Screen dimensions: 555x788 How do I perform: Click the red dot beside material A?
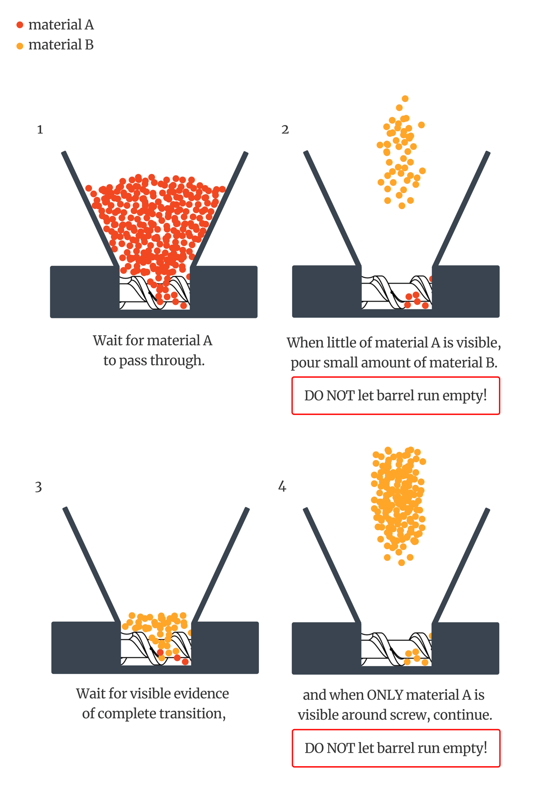point(20,25)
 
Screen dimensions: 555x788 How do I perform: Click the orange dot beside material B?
point(20,46)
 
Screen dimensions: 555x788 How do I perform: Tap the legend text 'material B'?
point(61,45)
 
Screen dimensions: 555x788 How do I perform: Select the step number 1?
point(40,130)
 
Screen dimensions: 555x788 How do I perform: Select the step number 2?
point(285,130)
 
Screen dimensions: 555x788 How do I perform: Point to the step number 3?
point(38,487)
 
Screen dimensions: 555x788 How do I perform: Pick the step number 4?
point(282,487)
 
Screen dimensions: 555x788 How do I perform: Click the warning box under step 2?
point(396,395)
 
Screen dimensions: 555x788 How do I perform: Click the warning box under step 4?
point(396,748)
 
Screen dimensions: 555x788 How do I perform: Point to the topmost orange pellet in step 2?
point(405,99)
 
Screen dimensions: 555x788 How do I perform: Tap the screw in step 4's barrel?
point(397,649)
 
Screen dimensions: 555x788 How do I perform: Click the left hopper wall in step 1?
point(90,209)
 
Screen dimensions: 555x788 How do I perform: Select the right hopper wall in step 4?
point(461,566)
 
